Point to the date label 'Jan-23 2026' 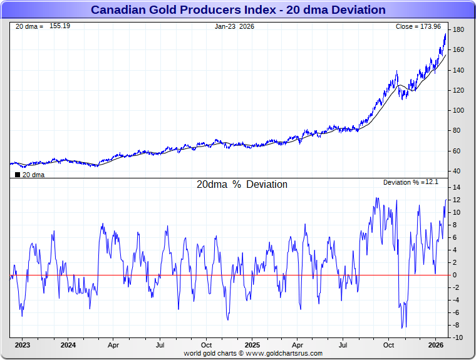(x=234, y=26)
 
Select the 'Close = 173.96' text (x=418, y=26)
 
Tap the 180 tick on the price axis (x=458, y=30)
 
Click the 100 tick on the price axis (x=458, y=110)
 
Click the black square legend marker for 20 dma (x=17, y=175)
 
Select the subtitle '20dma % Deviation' (x=242, y=185)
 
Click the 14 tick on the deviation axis (x=457, y=188)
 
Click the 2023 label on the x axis (x=22, y=345)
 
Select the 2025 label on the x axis (x=252, y=345)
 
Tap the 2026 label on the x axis (x=435, y=345)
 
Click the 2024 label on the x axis (x=68, y=345)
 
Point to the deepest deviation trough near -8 (x=403, y=327)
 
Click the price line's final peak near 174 (x=445, y=34)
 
